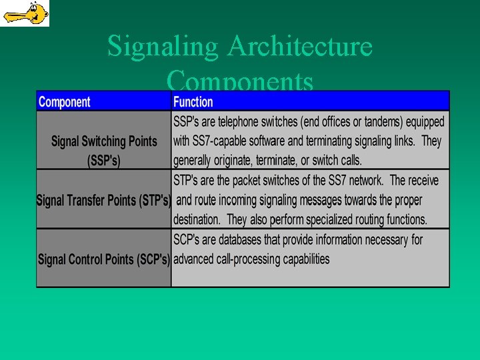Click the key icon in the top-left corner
tap(25, 13)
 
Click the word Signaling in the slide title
tap(162, 47)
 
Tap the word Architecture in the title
tap(299, 47)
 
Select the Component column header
tap(64, 102)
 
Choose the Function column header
tap(193, 102)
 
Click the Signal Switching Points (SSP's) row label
tap(104, 151)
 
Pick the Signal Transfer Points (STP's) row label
tap(104, 199)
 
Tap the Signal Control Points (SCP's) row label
tap(104, 259)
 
